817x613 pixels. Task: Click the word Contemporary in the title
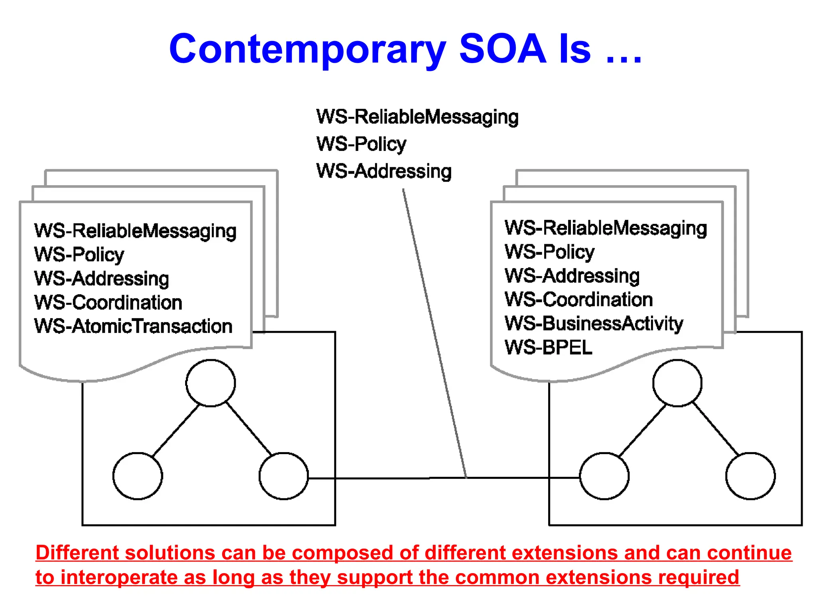click(307, 49)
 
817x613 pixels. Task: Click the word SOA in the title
click(503, 49)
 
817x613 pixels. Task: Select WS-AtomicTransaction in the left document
click(133, 326)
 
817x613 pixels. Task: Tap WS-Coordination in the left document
click(108, 302)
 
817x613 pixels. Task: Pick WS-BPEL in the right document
click(549, 347)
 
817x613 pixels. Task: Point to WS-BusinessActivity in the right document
click(594, 323)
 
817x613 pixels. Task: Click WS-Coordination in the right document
click(578, 299)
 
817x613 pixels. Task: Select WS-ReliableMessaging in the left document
click(135, 231)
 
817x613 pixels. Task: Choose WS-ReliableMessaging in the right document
click(606, 228)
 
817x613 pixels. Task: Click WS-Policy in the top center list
click(361, 144)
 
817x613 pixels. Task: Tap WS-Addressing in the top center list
click(384, 171)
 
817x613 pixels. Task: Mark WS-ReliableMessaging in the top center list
click(417, 117)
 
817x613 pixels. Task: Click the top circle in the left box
click(211, 383)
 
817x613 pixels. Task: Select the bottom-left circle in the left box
click(138, 476)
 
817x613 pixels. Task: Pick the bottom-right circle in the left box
click(284, 476)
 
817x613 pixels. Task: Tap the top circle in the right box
click(677, 383)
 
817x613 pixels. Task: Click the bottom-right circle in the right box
click(750, 476)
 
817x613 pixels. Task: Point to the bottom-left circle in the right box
click(604, 476)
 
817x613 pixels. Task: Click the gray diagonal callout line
click(435, 335)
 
